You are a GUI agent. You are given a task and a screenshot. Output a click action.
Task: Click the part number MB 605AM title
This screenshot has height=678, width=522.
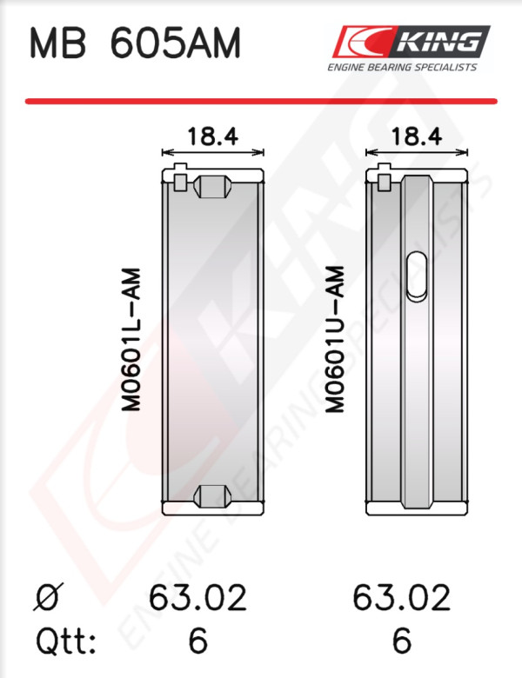[135, 43]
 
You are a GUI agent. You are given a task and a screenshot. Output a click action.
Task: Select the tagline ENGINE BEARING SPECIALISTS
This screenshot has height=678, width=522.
[402, 67]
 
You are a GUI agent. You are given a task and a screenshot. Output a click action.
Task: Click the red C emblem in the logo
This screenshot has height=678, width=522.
[363, 42]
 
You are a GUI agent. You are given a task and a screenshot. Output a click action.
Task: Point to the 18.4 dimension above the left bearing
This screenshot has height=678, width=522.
[212, 136]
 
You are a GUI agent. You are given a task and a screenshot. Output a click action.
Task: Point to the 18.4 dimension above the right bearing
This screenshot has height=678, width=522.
[417, 136]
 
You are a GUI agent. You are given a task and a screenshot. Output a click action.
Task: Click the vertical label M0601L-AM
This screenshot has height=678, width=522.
[131, 339]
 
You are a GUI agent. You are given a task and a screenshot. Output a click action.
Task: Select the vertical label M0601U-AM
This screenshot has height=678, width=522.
[335, 339]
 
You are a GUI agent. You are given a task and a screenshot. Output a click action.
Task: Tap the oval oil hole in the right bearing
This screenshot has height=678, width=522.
[417, 276]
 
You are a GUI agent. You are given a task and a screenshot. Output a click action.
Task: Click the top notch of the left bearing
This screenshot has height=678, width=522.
[212, 187]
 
